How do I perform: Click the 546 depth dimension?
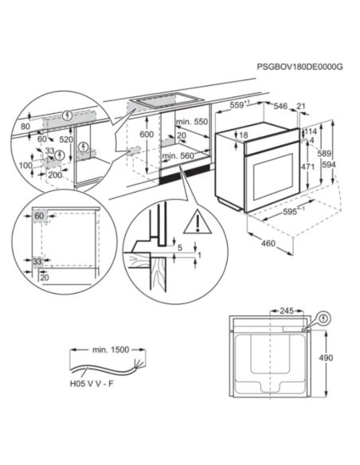tap(282, 104)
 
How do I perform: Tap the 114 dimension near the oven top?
tap(311, 132)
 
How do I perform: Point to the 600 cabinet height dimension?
tap(146, 135)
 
